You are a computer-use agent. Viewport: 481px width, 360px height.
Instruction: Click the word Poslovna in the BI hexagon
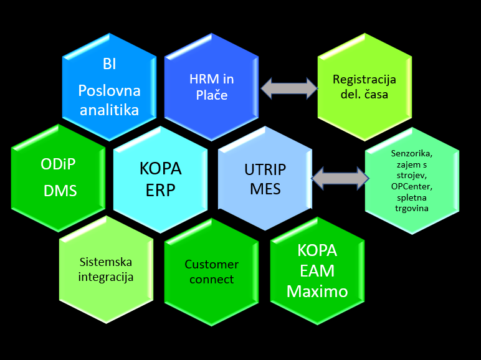(x=109, y=91)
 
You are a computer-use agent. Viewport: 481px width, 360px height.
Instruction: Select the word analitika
(x=109, y=110)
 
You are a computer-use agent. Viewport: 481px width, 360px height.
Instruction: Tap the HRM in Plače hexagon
(x=211, y=87)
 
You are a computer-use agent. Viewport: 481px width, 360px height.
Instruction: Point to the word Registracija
(x=364, y=80)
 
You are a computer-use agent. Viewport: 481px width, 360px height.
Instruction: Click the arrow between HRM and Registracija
(x=289, y=88)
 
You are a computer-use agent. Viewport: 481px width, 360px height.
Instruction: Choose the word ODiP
(x=58, y=164)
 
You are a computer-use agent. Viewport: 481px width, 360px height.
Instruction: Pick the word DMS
(x=60, y=191)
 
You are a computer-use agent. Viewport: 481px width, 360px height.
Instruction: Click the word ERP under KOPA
(x=160, y=190)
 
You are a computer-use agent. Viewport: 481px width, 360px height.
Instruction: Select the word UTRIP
(x=265, y=169)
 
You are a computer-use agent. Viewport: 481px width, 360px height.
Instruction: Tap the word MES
(x=265, y=189)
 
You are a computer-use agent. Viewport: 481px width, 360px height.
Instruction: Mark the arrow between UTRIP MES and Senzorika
(x=340, y=178)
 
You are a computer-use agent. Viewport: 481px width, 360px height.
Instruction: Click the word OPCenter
(x=412, y=186)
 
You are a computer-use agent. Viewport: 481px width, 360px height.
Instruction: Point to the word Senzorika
(x=412, y=153)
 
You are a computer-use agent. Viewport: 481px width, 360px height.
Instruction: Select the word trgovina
(x=412, y=208)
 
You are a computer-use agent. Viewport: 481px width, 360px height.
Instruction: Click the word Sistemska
(x=105, y=262)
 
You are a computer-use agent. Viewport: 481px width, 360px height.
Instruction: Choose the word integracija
(x=105, y=277)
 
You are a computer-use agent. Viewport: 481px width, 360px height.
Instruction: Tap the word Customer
(x=212, y=264)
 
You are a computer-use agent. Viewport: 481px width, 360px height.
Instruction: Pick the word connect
(x=212, y=280)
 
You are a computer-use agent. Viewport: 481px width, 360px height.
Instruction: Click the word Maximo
(x=317, y=291)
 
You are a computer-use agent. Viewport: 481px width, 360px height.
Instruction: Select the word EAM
(x=317, y=271)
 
